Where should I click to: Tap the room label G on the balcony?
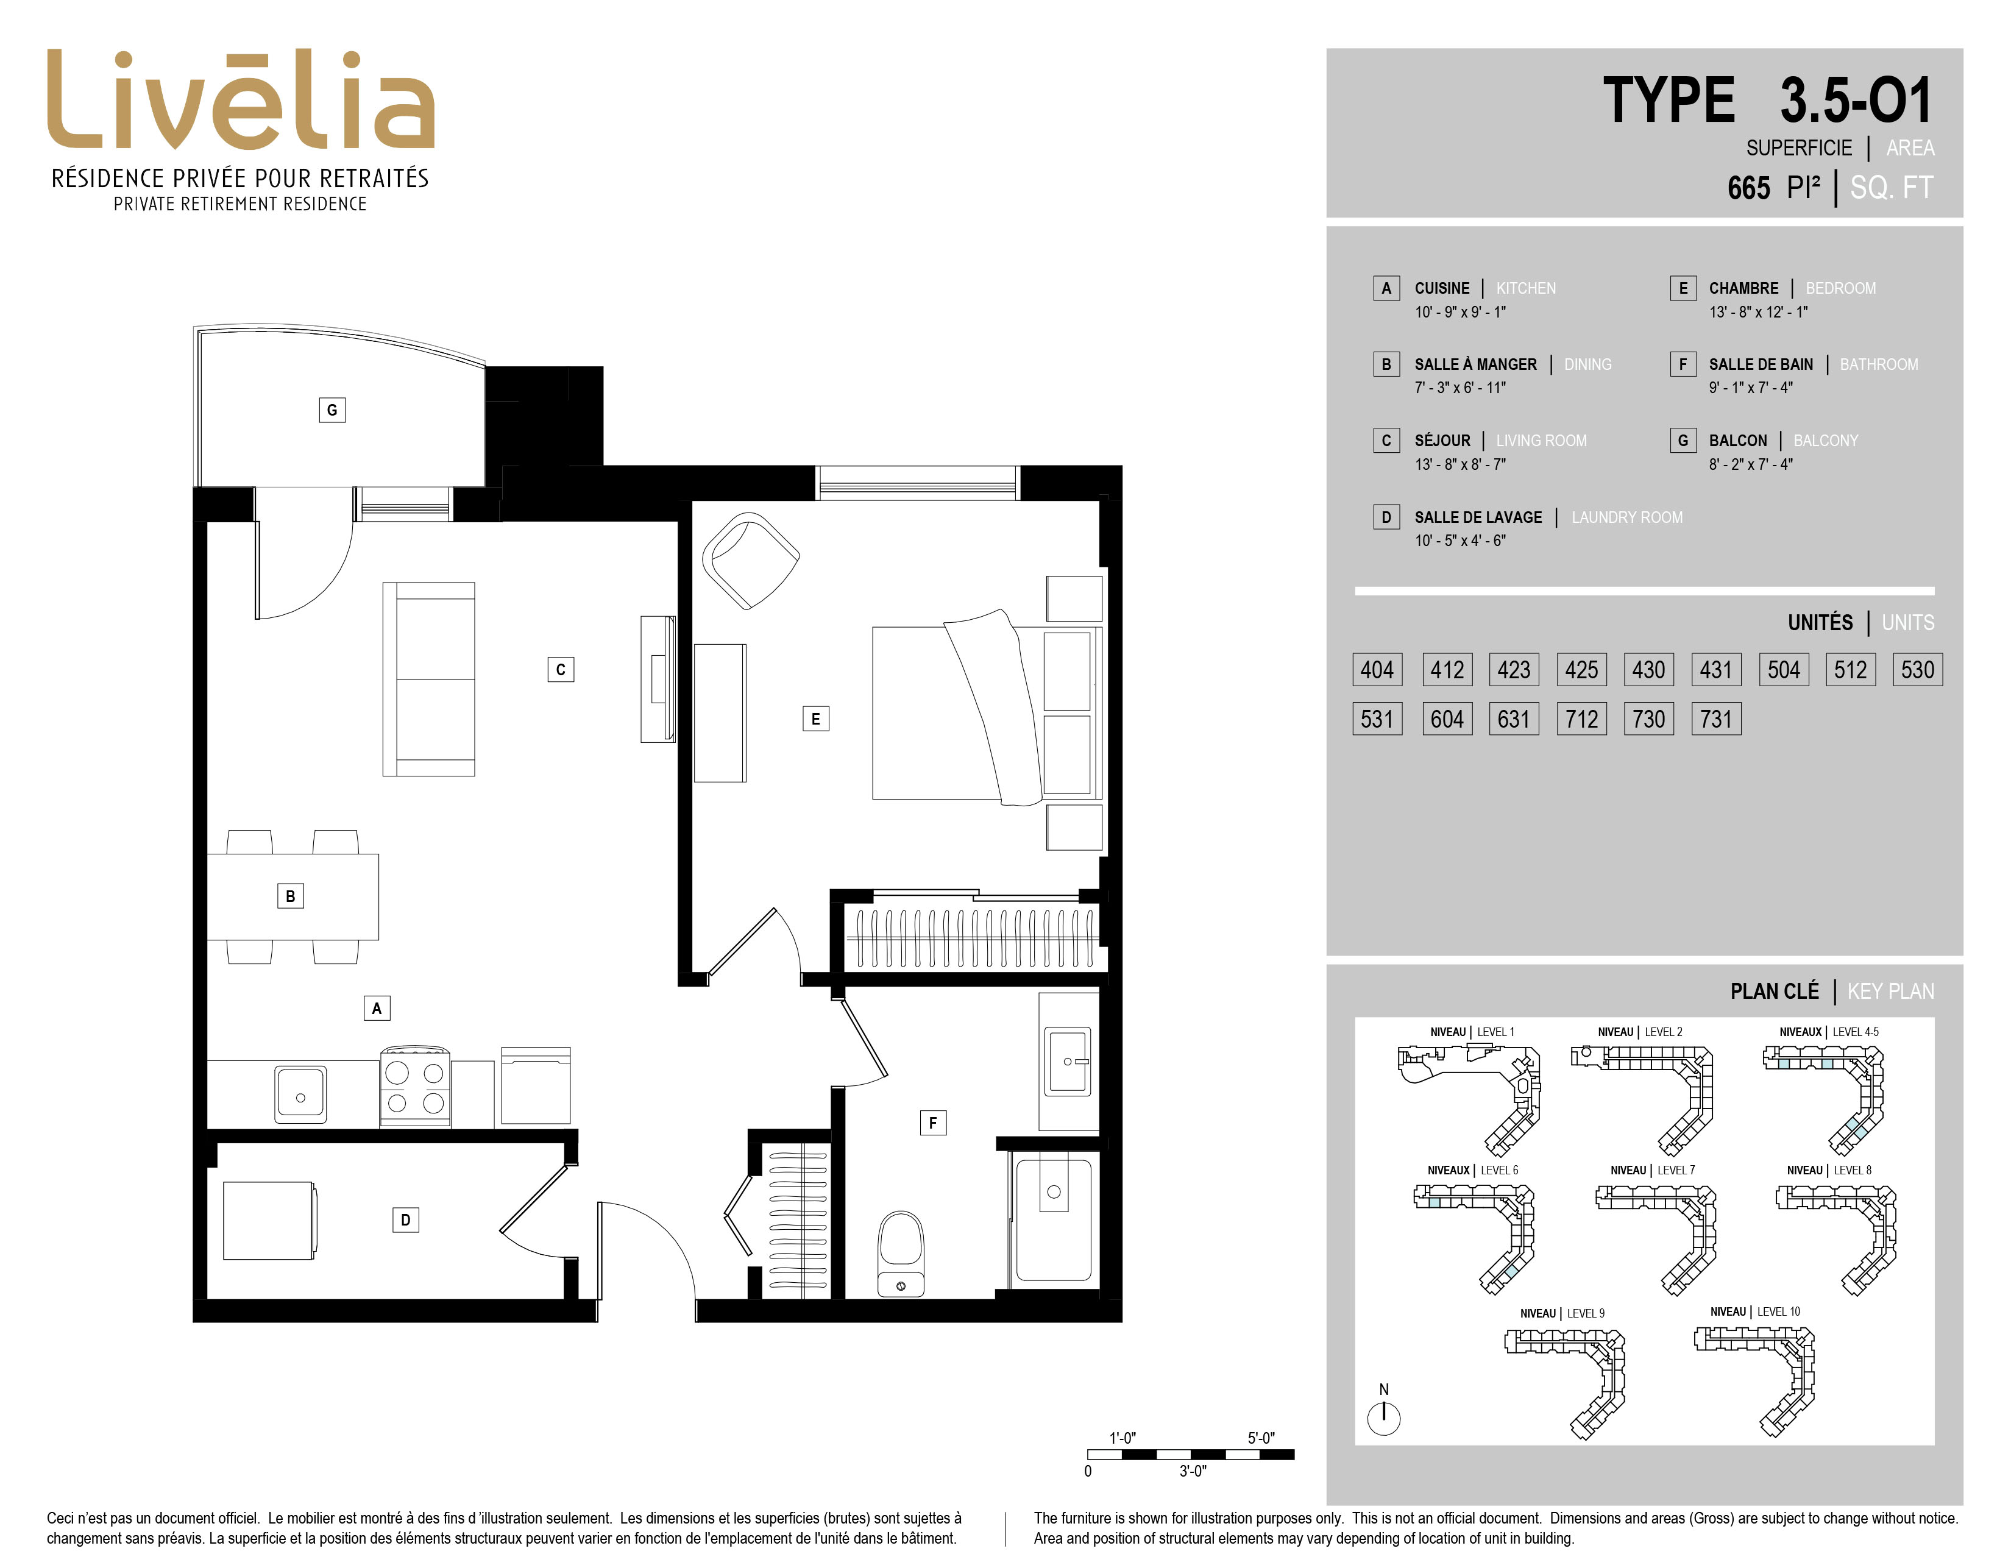click(x=332, y=410)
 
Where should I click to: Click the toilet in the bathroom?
click(x=901, y=1254)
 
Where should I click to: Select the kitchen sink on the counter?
click(x=300, y=1095)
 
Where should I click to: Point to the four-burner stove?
click(x=415, y=1087)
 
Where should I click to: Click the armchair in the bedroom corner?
click(x=750, y=559)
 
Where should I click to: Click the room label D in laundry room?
click(x=405, y=1220)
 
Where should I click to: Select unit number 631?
click(x=1514, y=719)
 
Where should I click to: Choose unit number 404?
click(x=1377, y=669)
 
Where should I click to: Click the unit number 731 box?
click(x=1716, y=719)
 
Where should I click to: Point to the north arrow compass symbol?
click(x=1384, y=1417)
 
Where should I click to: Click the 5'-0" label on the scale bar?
click(x=1261, y=1438)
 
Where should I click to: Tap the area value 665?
click(x=1748, y=188)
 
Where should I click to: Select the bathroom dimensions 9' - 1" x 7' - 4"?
click(x=1750, y=388)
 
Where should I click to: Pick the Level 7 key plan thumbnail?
click(x=1656, y=1238)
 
